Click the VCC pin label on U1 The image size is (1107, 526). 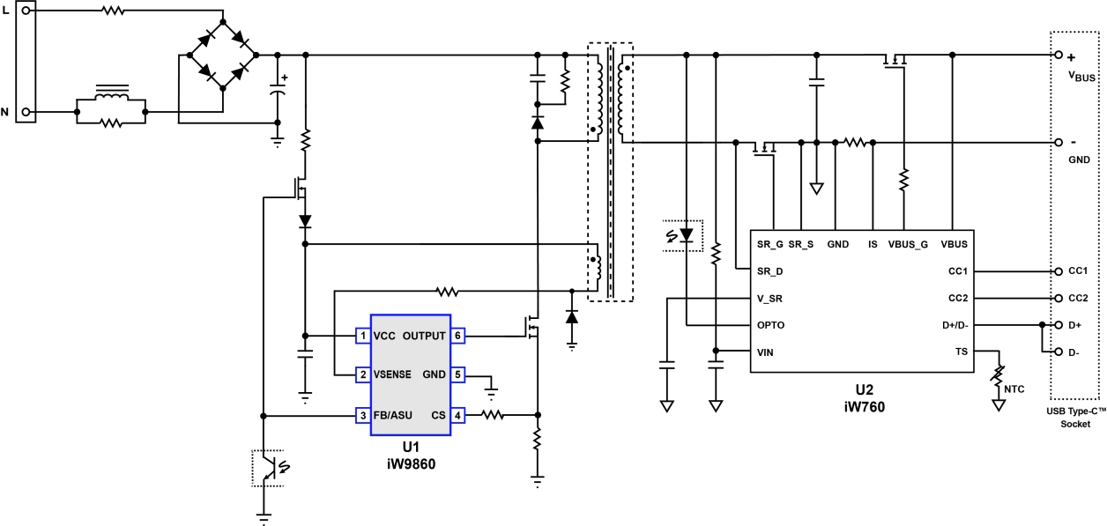(383, 336)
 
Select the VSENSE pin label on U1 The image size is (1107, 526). (393, 374)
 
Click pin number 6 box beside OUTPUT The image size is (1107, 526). (457, 336)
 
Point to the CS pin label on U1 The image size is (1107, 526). (437, 415)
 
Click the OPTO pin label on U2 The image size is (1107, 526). (770, 325)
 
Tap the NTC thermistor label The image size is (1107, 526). (1014, 385)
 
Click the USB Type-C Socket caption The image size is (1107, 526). (1076, 418)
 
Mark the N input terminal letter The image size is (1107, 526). (6, 112)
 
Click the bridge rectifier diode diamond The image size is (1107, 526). (222, 56)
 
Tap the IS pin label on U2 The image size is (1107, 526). (872, 244)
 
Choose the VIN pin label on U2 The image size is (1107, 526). (765, 352)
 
